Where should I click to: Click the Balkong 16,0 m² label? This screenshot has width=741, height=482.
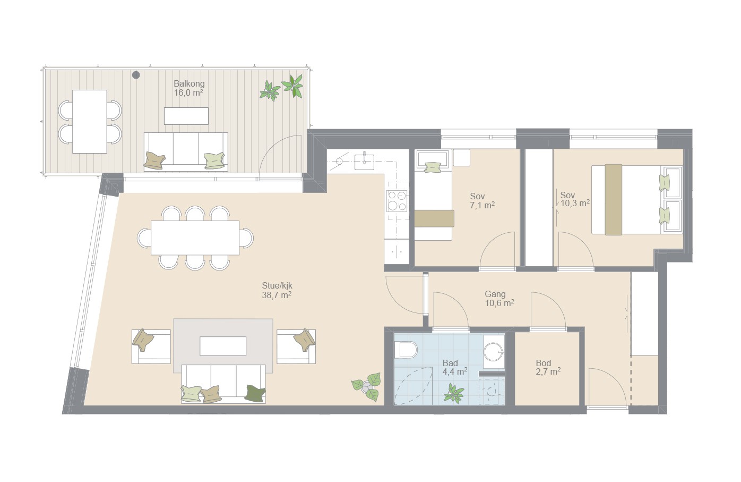189,88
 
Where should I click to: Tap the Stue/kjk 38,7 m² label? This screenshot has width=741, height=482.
277,290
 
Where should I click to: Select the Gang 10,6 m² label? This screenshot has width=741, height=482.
499,299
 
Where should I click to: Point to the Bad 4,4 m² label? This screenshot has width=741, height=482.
455,367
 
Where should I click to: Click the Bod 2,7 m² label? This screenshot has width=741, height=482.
548,368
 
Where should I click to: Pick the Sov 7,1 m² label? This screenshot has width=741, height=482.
482,200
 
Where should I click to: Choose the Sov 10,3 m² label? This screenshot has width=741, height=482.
575,199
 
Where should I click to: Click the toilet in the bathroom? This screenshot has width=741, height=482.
406,350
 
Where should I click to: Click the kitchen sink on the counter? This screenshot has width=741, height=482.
364,162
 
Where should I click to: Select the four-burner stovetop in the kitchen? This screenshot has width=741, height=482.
397,201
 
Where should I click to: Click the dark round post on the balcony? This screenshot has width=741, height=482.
136,75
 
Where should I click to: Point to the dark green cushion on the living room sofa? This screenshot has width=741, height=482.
255,393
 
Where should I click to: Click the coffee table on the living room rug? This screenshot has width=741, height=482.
223,345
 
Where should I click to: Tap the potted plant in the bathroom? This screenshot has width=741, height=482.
454,393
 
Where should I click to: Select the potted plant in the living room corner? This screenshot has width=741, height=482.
366,386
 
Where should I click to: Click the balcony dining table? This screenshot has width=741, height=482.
90,122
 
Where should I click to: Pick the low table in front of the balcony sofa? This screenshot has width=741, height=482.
186,116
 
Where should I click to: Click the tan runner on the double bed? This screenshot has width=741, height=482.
613,200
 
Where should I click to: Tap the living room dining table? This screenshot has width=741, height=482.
195,238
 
